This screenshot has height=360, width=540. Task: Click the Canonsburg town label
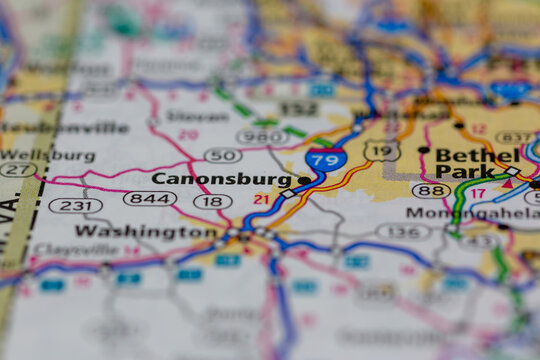pos(221,179)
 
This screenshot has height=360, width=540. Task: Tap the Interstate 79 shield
pos(327,157)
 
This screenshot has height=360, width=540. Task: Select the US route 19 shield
pos(382,150)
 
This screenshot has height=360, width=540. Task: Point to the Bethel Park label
pos(478,164)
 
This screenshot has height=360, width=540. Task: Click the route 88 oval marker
pos(430,190)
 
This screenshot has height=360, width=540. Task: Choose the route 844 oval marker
pos(150,199)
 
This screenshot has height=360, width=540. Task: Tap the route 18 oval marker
pos(212,201)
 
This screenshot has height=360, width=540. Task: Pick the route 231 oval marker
pos(75,205)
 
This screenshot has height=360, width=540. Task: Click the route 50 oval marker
pos(222,155)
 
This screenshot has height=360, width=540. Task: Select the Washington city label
pos(145,231)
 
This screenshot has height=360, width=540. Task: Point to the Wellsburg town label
pos(48,156)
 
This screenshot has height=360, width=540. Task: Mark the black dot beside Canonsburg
pos(303,180)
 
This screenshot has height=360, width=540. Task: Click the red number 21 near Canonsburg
pos(262,199)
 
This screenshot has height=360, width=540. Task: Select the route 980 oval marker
pos(261,136)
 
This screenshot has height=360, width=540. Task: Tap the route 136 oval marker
pos(403,232)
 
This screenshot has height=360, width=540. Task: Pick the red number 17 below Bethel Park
pos(478,192)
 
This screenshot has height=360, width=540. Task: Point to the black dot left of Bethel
pos(424,150)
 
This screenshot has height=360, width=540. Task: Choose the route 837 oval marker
pos(514,137)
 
